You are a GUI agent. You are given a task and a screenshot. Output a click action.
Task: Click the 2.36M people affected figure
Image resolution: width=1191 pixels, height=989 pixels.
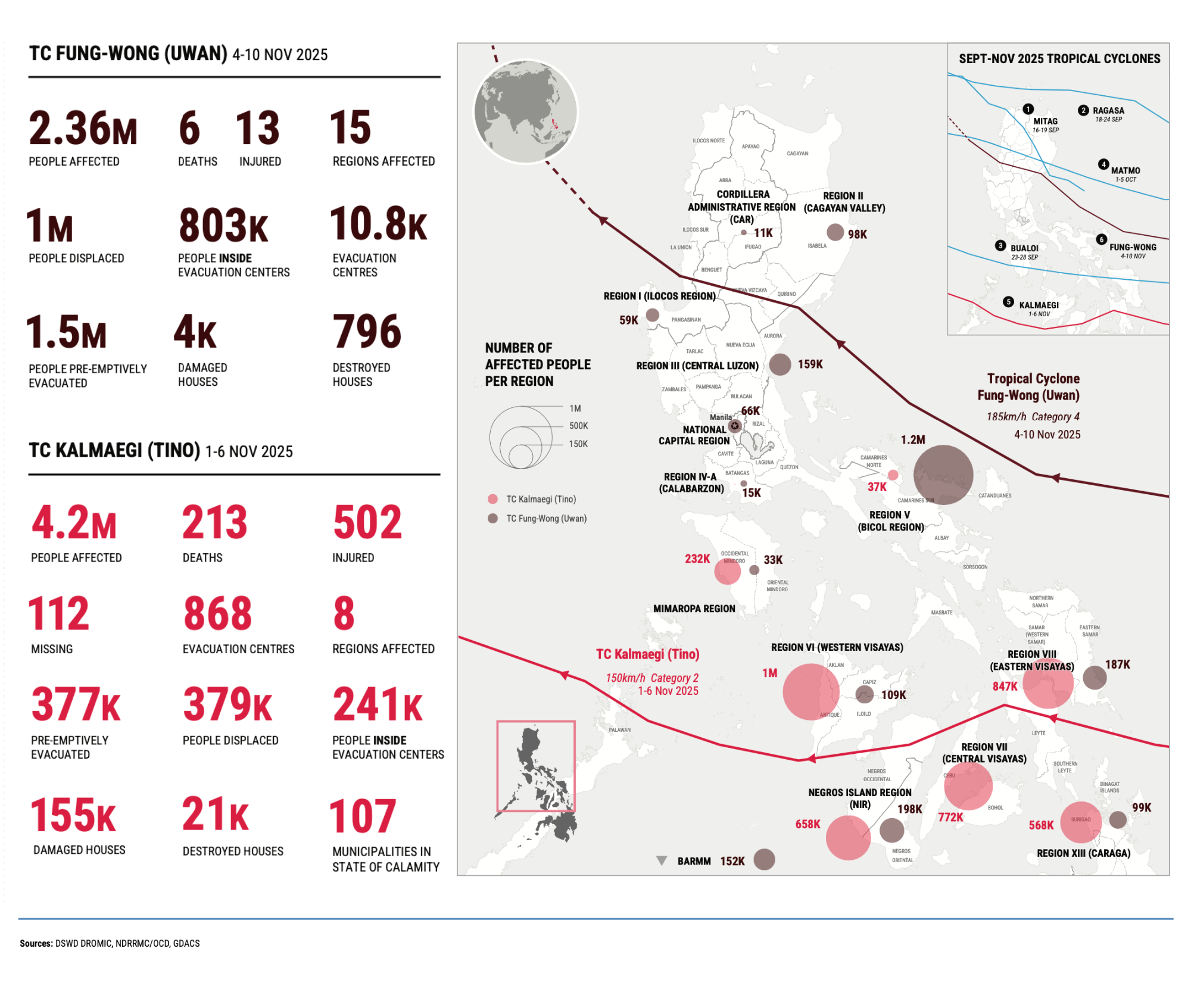83,129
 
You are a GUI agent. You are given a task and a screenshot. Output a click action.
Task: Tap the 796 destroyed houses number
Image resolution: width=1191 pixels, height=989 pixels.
367,332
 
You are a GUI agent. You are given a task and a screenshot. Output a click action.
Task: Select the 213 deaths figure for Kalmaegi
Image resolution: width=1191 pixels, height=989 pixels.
214,523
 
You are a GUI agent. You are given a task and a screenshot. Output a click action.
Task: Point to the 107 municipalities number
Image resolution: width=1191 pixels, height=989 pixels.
362,816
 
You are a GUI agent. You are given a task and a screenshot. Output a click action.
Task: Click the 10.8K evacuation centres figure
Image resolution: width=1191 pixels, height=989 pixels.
378,224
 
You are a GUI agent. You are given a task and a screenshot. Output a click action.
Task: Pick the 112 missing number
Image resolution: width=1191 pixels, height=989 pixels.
59,614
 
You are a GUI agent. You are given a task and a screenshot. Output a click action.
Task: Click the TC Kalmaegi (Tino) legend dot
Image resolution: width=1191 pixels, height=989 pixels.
492,499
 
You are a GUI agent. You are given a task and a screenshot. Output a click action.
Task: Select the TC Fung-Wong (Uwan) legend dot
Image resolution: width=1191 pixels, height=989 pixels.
492,519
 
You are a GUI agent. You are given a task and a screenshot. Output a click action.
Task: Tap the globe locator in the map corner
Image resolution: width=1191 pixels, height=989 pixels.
525,111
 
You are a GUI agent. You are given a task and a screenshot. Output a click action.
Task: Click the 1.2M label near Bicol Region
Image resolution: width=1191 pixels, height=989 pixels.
912,440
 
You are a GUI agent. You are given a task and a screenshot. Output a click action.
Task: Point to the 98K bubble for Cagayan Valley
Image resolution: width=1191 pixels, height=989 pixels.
835,232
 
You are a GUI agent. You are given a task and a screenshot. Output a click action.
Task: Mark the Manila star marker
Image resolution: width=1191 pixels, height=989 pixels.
735,426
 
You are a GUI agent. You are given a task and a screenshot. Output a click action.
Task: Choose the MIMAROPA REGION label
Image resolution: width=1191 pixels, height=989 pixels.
694,609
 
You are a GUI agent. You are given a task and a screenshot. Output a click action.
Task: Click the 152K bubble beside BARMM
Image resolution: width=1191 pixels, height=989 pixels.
764,860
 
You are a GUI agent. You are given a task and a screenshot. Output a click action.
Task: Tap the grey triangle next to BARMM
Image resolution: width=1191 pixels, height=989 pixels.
661,860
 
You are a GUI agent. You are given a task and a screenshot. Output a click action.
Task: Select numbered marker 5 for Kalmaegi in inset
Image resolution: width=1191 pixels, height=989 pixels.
1008,302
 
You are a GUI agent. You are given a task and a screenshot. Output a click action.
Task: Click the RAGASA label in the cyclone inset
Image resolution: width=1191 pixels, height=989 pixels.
1108,111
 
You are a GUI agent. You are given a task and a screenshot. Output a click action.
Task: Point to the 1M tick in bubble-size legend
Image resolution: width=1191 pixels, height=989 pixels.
575,408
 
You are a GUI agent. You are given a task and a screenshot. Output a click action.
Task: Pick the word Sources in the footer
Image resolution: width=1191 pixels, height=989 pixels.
36,943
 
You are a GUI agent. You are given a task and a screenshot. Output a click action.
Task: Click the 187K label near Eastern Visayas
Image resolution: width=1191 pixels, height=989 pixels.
1117,664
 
